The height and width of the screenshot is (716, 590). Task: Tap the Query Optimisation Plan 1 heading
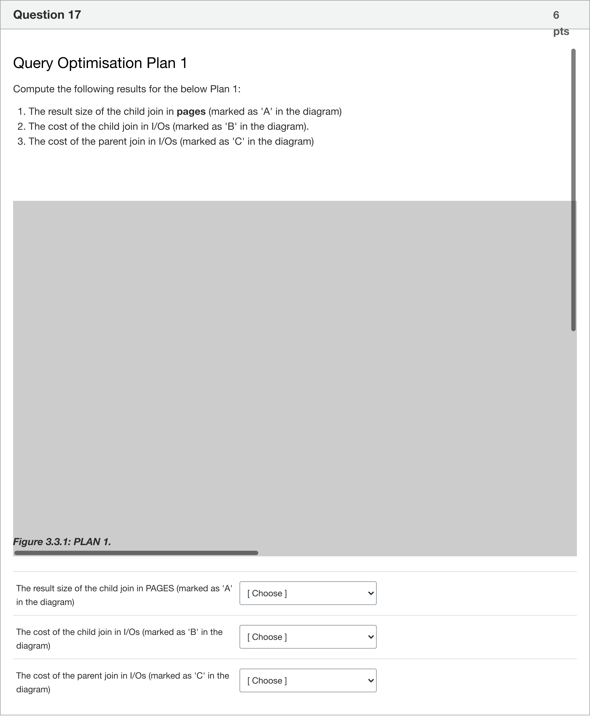(100, 63)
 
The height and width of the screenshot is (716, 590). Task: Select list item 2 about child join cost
(168, 126)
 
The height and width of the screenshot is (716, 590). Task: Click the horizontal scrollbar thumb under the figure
(136, 553)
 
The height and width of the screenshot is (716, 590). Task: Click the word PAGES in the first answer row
(160, 588)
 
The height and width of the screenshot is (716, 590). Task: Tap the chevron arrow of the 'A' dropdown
(371, 593)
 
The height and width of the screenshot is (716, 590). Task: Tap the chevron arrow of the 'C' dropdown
(371, 681)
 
